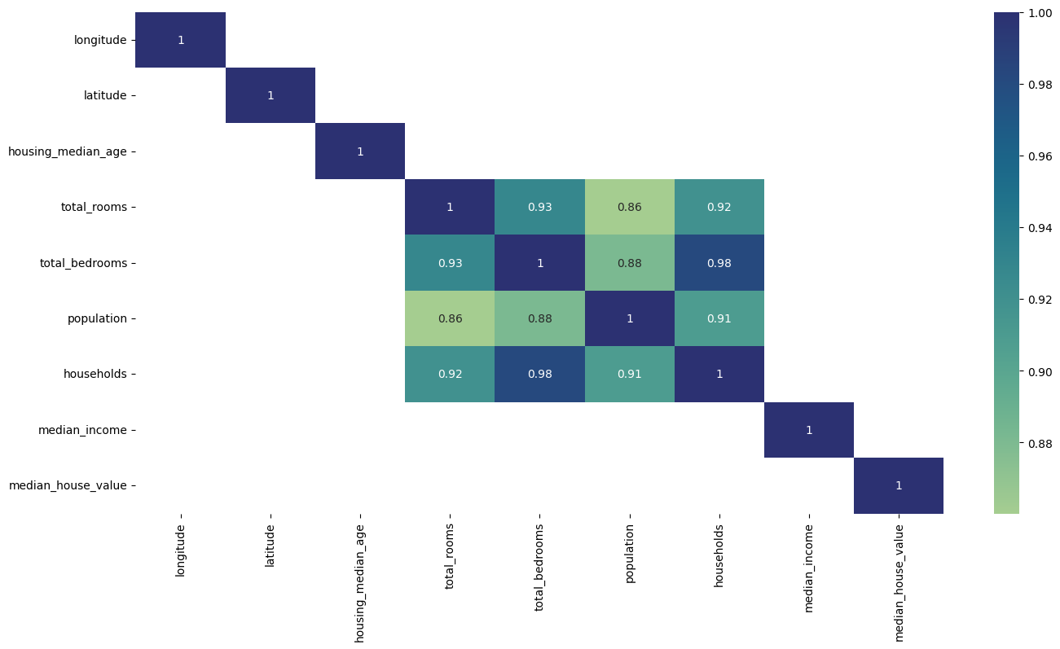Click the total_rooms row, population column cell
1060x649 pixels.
click(x=629, y=207)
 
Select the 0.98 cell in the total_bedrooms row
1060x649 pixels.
click(x=719, y=263)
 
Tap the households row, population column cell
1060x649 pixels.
click(x=629, y=374)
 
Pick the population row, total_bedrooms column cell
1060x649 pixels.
click(x=539, y=318)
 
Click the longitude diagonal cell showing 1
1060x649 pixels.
click(x=180, y=40)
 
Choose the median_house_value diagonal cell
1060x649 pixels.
click(x=898, y=485)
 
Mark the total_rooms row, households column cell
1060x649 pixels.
click(x=719, y=207)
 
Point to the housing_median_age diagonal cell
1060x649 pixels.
click(x=359, y=151)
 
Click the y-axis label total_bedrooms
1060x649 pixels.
click(x=83, y=263)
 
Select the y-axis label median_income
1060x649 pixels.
click(x=82, y=430)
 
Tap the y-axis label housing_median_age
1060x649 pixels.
click(x=68, y=151)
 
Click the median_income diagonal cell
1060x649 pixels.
click(x=808, y=430)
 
